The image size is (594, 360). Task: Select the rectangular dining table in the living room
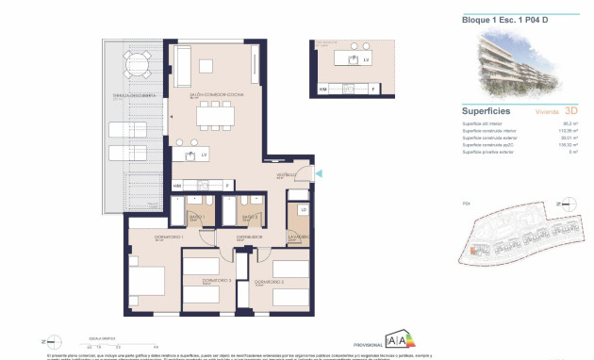click(x=216, y=117)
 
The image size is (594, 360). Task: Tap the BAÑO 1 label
click(x=197, y=217)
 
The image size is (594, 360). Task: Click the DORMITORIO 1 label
click(x=143, y=237)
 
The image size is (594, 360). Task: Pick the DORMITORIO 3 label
click(x=205, y=281)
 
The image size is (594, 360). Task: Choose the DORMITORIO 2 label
click(x=269, y=281)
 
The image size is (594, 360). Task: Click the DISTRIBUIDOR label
click(x=249, y=237)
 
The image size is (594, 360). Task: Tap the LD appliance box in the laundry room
click(x=304, y=209)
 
